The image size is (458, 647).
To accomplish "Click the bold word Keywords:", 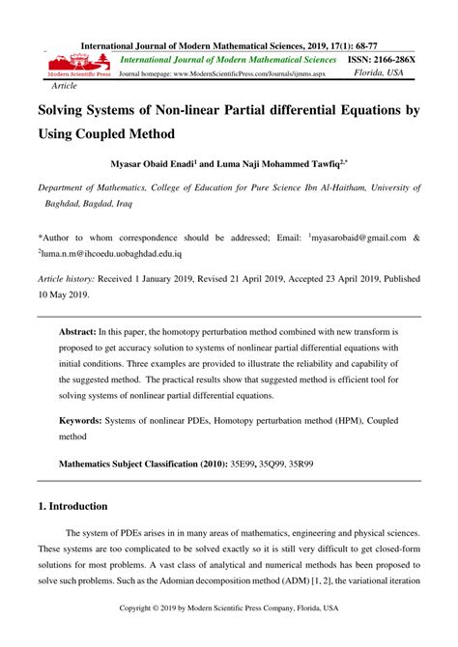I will (x=87, y=421).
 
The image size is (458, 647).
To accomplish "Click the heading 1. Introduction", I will (x=72, y=506).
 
